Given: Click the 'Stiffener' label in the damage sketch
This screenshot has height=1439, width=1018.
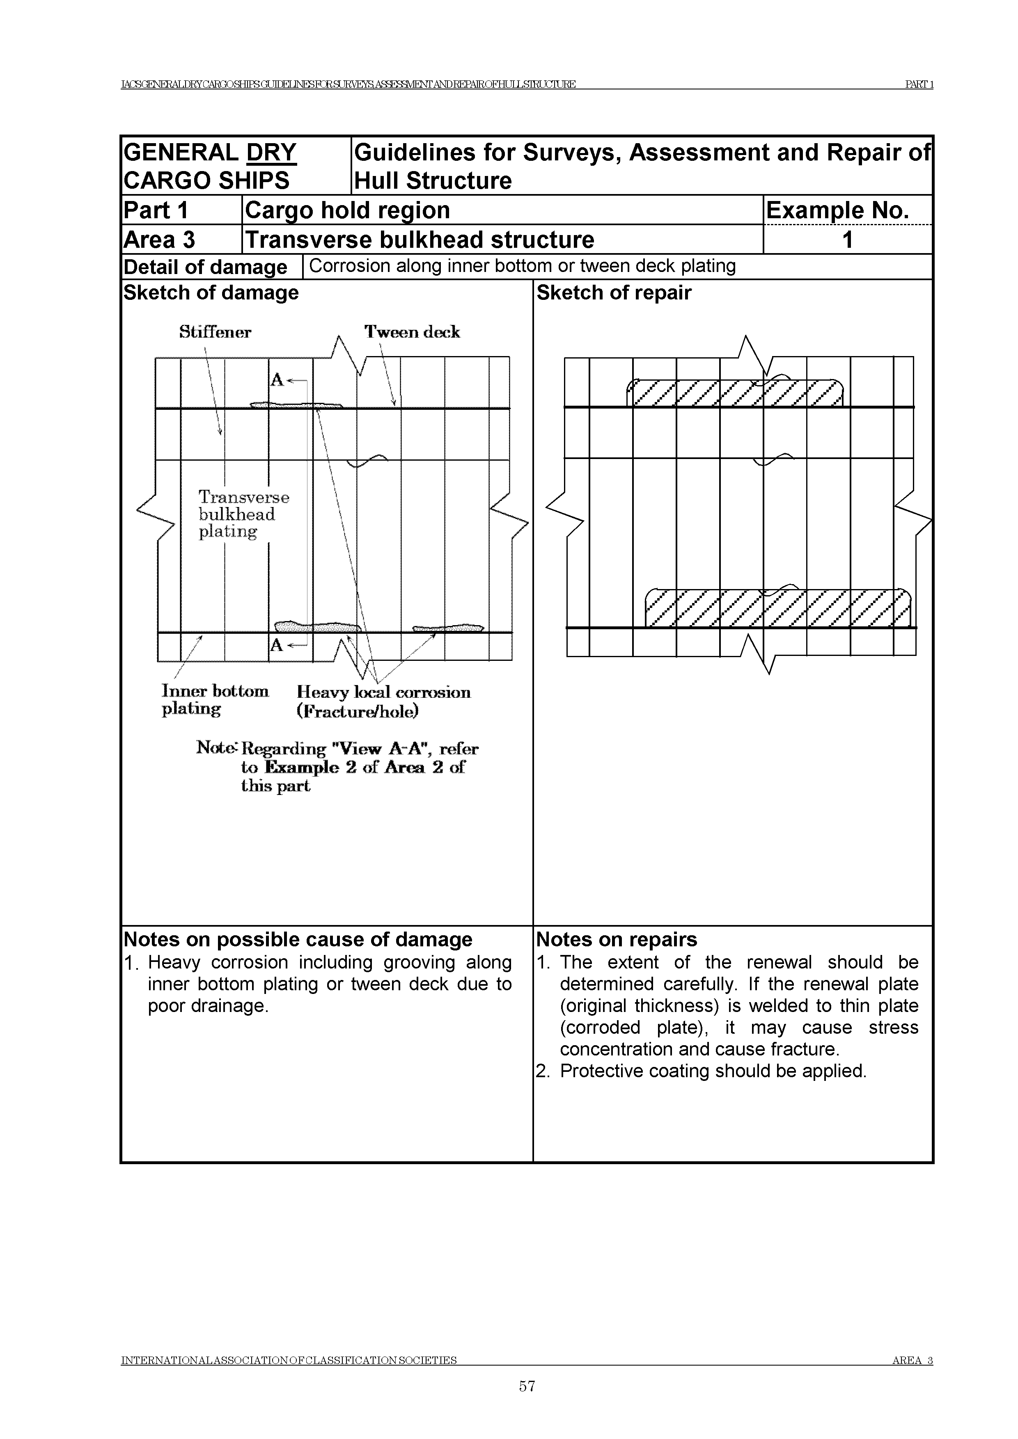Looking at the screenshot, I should (x=215, y=332).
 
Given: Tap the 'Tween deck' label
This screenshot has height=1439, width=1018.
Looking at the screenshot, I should (x=412, y=332).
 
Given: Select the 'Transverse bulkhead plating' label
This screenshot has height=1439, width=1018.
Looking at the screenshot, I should (x=244, y=514).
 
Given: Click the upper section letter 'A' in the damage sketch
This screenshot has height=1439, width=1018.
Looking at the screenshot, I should (x=277, y=380).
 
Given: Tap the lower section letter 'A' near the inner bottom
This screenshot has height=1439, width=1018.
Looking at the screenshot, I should (x=277, y=645).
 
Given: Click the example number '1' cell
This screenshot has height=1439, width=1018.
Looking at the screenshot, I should (x=847, y=240).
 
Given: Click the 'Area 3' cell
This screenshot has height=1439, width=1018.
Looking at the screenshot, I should (x=159, y=240).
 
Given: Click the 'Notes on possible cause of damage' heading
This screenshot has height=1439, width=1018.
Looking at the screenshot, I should (x=298, y=939).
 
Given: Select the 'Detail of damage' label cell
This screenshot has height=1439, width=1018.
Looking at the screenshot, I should (x=205, y=267).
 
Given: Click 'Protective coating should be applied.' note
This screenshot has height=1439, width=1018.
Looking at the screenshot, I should (x=713, y=1071).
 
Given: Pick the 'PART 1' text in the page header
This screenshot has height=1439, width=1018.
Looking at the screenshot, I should (x=919, y=85).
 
